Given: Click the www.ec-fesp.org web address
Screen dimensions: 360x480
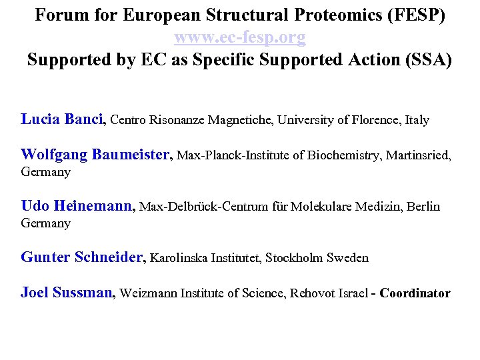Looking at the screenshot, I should (240, 38).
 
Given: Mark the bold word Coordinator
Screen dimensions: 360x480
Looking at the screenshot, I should (415, 293).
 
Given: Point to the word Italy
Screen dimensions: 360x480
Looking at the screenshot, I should (417, 121).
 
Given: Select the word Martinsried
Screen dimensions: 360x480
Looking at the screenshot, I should (417, 156).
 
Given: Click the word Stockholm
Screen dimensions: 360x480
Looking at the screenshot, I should (295, 258).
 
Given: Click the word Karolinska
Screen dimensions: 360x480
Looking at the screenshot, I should (179, 258).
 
